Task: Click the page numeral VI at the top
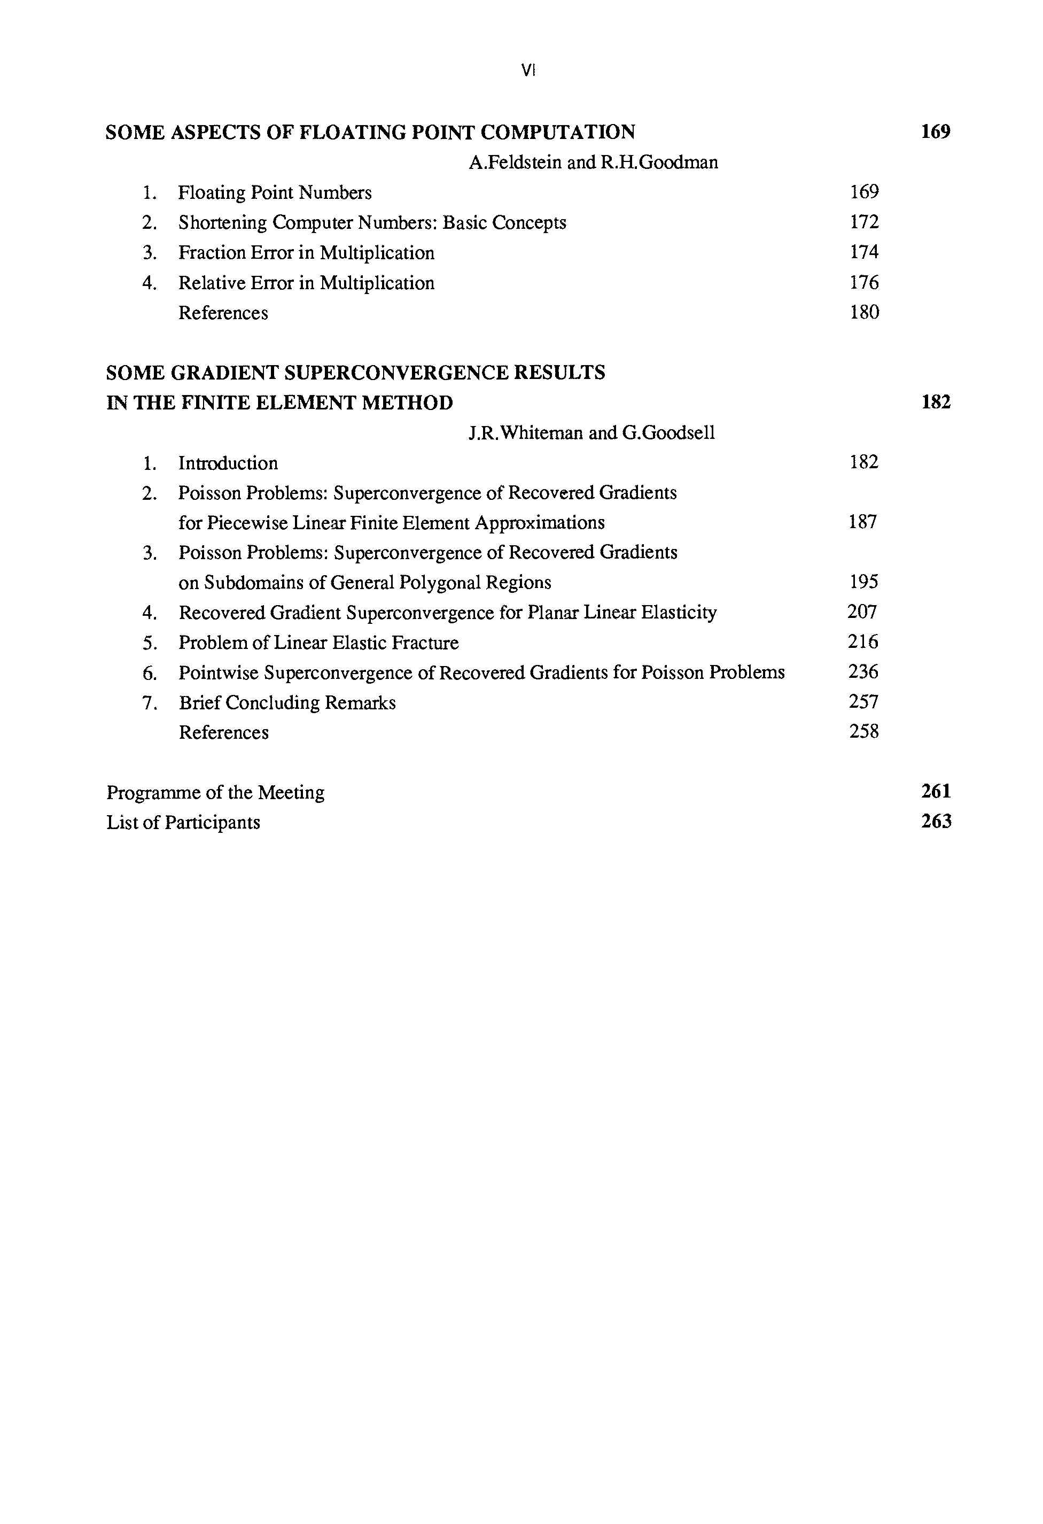(x=528, y=71)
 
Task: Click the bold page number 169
(x=936, y=132)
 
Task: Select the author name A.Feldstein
(x=515, y=162)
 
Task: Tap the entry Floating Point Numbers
(x=275, y=193)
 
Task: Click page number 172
(x=864, y=222)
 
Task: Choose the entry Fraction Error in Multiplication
(x=306, y=253)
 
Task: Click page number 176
(x=864, y=283)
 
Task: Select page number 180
(x=864, y=313)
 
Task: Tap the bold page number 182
(x=936, y=402)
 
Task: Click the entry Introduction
(x=228, y=463)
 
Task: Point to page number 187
(x=863, y=522)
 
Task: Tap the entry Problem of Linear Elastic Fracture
(x=318, y=643)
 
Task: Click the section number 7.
(x=150, y=703)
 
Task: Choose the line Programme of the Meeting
(x=215, y=793)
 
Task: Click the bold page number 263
(x=936, y=822)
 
